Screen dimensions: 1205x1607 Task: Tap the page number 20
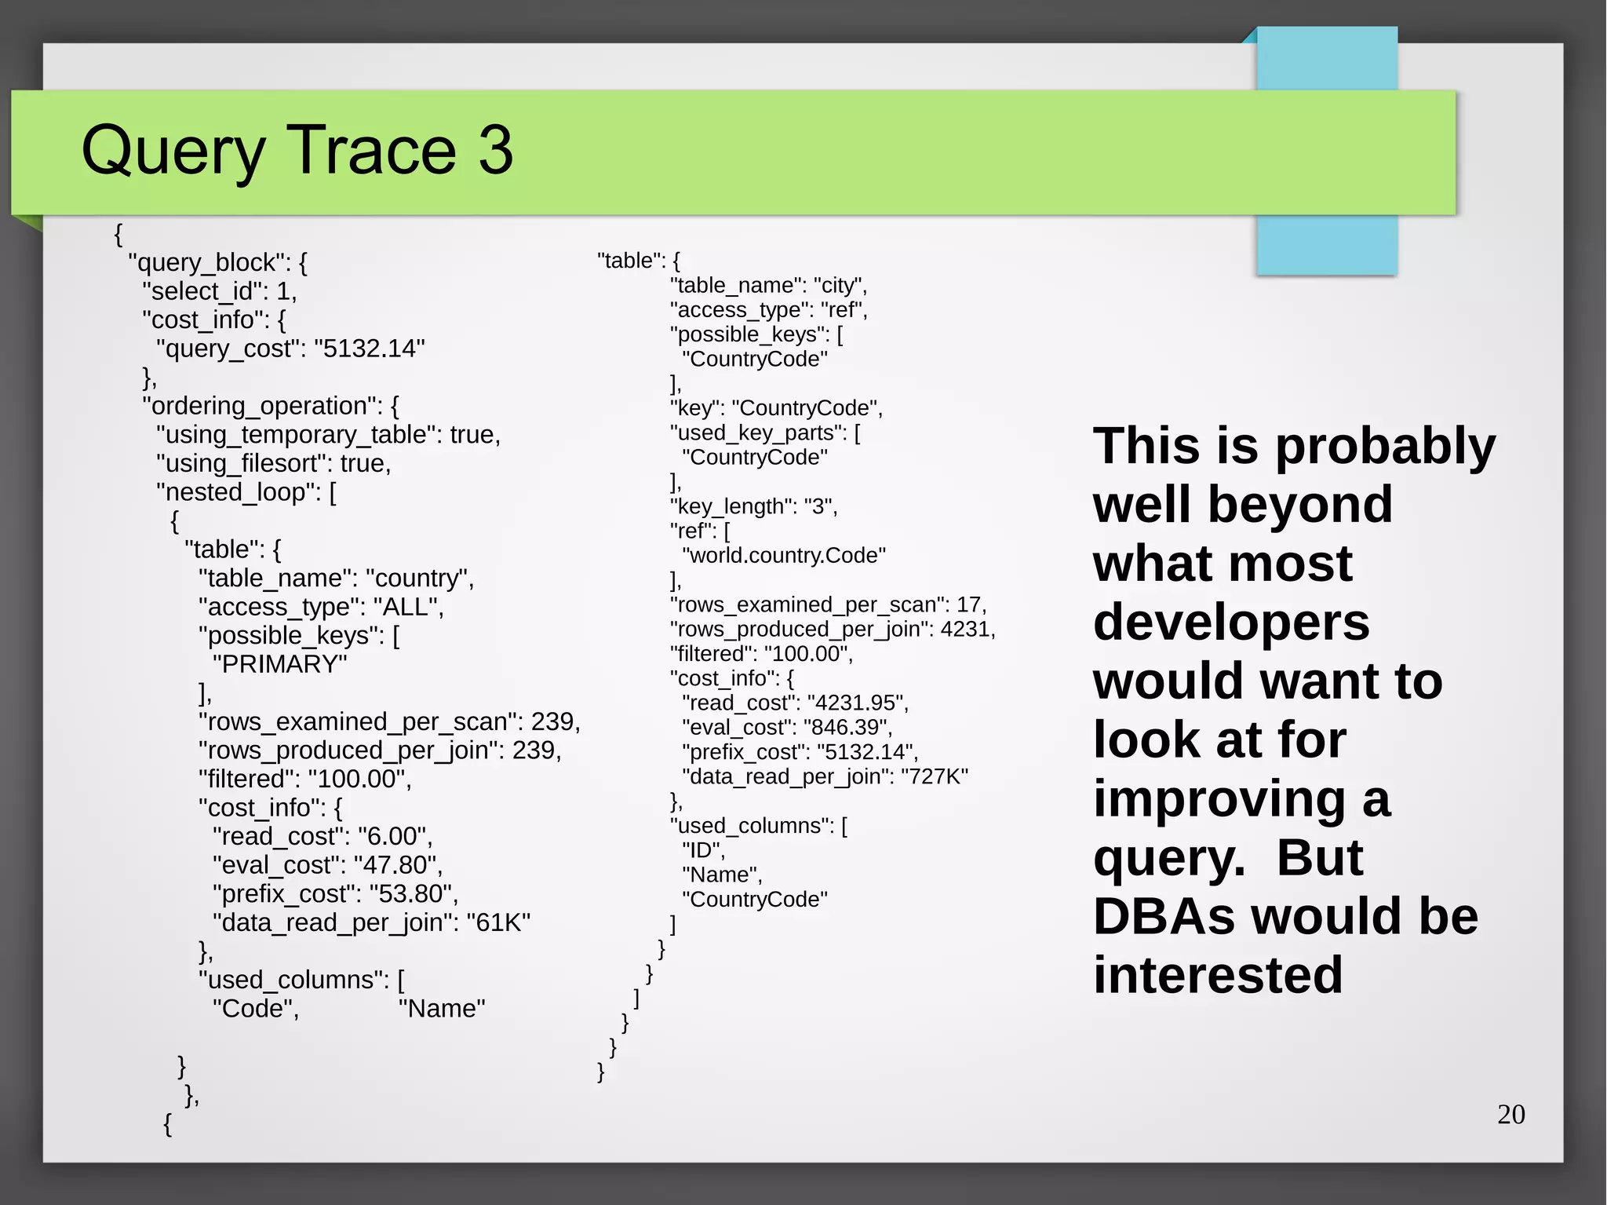click(1510, 1114)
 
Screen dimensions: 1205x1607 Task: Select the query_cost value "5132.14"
click(369, 349)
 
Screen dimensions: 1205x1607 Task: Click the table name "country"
click(419, 579)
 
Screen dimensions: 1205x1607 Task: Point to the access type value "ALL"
click(407, 607)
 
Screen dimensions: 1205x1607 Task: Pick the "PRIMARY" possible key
click(279, 664)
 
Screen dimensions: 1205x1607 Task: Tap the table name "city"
click(839, 286)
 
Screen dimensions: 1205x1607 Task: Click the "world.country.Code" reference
click(784, 556)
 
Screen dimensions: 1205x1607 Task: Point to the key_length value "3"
click(819, 506)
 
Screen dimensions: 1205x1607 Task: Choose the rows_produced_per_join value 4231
click(967, 630)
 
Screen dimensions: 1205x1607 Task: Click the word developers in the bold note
click(1230, 622)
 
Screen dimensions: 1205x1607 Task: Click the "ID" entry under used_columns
click(702, 850)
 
